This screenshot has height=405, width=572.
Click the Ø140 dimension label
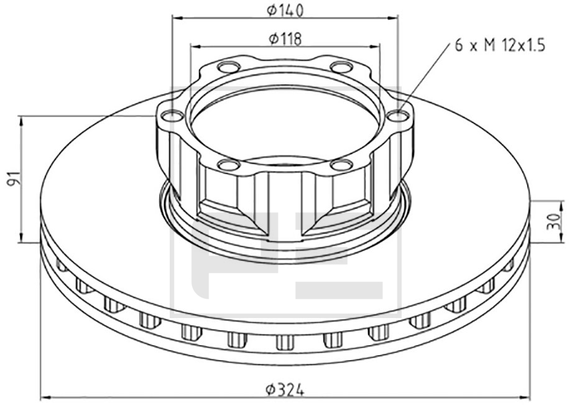285,11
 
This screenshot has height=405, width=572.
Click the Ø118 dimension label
285,39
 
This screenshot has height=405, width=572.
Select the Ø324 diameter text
285,390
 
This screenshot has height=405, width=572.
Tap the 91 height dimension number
14,178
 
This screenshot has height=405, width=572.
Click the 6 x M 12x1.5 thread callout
500,46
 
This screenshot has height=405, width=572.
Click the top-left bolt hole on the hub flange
229,68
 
